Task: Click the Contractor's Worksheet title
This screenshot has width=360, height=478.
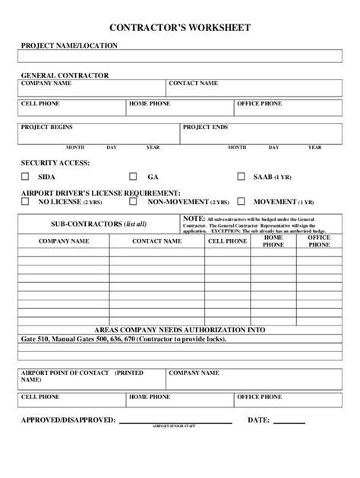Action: coord(179,27)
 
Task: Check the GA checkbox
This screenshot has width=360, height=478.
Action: coord(133,177)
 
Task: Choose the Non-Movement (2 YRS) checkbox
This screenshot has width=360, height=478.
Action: coord(133,203)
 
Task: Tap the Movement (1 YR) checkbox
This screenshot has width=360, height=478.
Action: coord(242,203)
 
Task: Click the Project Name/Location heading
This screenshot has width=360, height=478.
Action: coord(69,46)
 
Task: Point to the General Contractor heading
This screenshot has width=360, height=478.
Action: coord(65,75)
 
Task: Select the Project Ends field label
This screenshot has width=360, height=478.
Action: coord(205,127)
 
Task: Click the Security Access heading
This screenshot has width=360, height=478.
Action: coord(55,163)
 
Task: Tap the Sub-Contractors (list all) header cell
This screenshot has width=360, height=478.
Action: coord(99,225)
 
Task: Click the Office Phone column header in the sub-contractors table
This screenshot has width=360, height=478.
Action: coord(319,241)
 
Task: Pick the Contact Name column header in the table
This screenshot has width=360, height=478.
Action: coord(156,241)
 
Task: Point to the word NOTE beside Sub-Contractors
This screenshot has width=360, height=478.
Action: coord(194,218)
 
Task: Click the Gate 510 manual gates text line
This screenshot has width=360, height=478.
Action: coord(119,341)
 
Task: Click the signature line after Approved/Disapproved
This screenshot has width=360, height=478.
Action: coord(176,422)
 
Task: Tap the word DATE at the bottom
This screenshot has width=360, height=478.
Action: coord(259,420)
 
